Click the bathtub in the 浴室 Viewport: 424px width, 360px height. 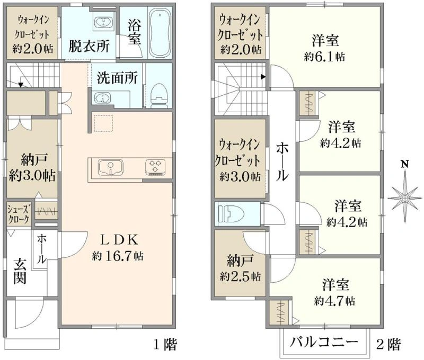click(160, 32)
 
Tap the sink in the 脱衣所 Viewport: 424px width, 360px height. click(103, 22)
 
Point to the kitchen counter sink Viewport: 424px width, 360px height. click(110, 167)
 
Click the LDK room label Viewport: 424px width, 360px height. click(119, 240)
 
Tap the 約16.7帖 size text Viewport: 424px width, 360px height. click(118, 256)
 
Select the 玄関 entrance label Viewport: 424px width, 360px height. click(20, 271)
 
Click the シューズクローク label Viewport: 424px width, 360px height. click(19, 214)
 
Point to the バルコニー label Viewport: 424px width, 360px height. click(324, 343)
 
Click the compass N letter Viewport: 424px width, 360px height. click(404, 164)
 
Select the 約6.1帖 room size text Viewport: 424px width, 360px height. click(324, 57)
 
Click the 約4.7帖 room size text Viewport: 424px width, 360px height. click(335, 301)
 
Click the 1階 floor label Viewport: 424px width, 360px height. click(165, 345)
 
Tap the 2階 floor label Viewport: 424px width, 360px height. click(388, 344)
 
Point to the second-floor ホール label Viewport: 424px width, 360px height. click(282, 162)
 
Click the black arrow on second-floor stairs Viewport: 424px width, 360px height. click(263, 77)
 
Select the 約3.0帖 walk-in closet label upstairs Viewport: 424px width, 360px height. click(240, 177)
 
